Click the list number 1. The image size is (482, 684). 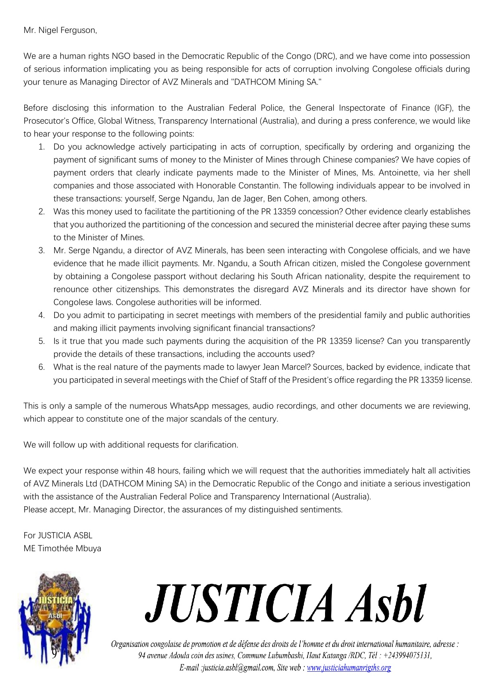pos(41,147)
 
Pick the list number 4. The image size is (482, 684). pos(41,315)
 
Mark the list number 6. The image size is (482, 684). pos(41,367)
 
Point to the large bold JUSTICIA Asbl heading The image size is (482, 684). pos(286,603)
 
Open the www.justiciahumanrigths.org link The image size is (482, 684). pos(349,668)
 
